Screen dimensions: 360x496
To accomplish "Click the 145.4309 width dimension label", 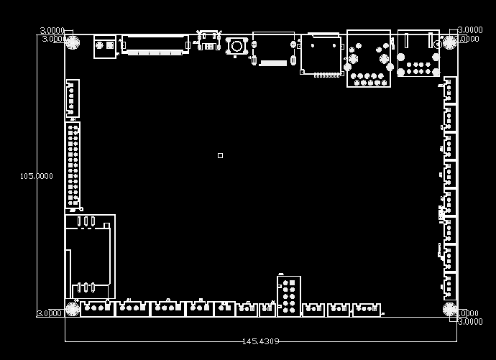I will point(260,341).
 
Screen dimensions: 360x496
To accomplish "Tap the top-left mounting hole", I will point(73,42).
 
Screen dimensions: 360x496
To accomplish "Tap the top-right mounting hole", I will point(449,42).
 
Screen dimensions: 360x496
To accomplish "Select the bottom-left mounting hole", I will point(73,310).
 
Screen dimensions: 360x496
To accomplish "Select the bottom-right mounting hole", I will point(449,310).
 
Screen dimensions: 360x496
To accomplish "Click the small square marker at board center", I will point(220,155).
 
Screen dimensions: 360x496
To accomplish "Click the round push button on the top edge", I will point(235,46).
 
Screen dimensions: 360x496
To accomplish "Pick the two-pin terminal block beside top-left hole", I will point(105,46).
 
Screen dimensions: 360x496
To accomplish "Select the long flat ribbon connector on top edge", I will point(155,44).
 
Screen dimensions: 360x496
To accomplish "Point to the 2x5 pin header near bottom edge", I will point(289,296).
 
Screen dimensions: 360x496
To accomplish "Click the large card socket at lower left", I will point(90,256).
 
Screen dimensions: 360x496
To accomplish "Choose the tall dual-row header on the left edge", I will point(73,165).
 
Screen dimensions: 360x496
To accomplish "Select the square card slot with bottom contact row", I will point(321,55).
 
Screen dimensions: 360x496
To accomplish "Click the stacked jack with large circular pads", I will point(369,59).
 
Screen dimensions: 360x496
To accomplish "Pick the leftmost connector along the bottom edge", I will point(97,308).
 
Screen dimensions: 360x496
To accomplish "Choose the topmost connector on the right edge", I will point(450,91).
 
